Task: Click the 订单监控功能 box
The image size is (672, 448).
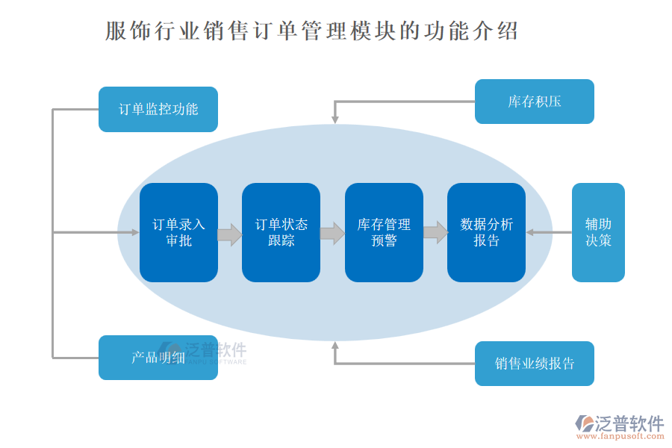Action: (158, 109)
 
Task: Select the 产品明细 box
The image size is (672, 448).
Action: (158, 357)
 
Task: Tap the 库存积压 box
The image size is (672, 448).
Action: (534, 102)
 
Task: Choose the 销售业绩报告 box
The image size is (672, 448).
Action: (534, 364)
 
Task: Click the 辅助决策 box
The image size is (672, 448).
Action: (598, 232)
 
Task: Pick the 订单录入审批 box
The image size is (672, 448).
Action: (178, 232)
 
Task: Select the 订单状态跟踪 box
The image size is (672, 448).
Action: (281, 232)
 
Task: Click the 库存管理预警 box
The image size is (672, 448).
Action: (384, 232)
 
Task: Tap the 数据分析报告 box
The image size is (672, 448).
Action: (486, 232)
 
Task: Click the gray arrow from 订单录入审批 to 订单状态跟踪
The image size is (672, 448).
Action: (230, 234)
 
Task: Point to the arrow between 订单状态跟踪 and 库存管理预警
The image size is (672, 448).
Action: (332, 234)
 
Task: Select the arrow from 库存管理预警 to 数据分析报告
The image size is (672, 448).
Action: (435, 233)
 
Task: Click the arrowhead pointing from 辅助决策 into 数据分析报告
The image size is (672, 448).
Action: (530, 232)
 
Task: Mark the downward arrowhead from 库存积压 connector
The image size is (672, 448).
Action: (335, 118)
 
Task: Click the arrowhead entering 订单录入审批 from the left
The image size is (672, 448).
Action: (135, 232)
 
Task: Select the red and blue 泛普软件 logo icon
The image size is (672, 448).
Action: (582, 423)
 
